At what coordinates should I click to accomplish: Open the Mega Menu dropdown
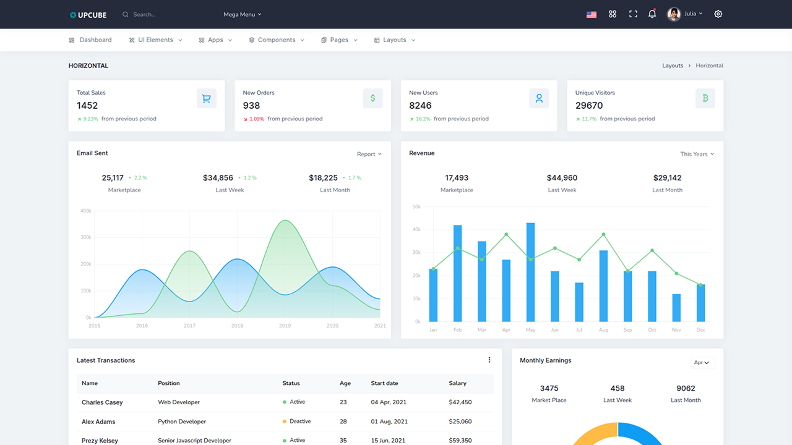(242, 14)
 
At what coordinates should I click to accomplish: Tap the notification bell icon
(652, 14)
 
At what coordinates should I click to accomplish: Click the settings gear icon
(718, 14)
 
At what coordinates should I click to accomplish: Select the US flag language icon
(592, 14)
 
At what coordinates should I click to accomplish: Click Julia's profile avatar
(674, 14)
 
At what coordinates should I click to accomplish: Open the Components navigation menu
(277, 40)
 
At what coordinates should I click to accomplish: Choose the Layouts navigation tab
(395, 40)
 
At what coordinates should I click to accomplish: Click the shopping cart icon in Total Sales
(207, 98)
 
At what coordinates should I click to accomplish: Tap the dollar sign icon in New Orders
(372, 98)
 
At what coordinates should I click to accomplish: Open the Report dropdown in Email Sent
(369, 154)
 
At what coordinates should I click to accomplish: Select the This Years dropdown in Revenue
(697, 154)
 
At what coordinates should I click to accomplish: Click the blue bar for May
(530, 272)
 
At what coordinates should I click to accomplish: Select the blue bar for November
(676, 307)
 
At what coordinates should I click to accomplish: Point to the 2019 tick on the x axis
(285, 326)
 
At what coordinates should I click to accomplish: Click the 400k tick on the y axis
(85, 211)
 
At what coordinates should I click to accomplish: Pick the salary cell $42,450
(460, 402)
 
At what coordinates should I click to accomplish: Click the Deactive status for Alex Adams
(300, 422)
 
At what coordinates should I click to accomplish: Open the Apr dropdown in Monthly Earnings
(702, 363)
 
